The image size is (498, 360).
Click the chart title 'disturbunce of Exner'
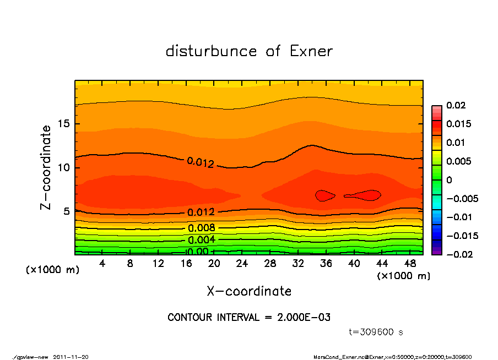[x=249, y=51]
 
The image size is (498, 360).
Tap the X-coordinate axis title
[x=249, y=291]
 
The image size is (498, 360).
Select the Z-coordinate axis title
[x=46, y=167]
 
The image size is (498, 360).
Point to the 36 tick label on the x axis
[x=326, y=263]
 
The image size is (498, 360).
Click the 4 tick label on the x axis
[x=102, y=263]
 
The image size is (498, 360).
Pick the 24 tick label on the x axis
[x=242, y=263]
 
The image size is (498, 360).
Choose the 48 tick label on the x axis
[x=409, y=263]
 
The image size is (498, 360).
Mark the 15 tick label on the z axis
[x=64, y=124]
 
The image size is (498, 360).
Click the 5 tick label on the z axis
[x=67, y=211]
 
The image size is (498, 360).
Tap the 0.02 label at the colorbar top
[x=455, y=105]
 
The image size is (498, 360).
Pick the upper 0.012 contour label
[x=200, y=162]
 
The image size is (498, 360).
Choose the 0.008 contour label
[x=202, y=228]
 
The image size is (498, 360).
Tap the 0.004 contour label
[x=202, y=240]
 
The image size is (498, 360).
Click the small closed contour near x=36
[x=325, y=195]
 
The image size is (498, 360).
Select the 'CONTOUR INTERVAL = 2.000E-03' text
[x=249, y=318]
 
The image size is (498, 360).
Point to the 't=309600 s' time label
[x=376, y=332]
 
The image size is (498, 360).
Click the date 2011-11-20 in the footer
[x=71, y=357]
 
